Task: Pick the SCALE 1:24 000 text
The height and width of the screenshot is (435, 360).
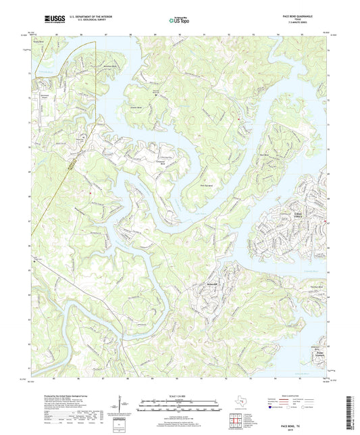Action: click(x=180, y=396)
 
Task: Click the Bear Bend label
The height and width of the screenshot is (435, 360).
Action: click(x=275, y=157)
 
